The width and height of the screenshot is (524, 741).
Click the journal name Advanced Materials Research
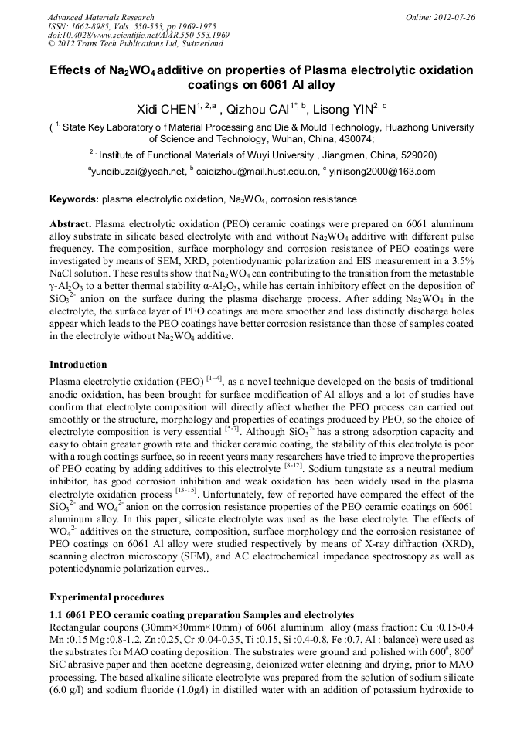tap(100, 17)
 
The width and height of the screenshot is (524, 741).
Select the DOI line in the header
tap(139, 36)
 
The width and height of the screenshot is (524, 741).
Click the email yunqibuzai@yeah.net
tap(139, 172)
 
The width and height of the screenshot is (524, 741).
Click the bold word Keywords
tap(74, 199)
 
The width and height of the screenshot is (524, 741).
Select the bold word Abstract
tap(71, 222)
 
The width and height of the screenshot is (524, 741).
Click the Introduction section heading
tap(78, 364)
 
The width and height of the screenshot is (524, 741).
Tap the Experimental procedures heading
tap(107, 597)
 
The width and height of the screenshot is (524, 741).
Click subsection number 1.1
tap(56, 613)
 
